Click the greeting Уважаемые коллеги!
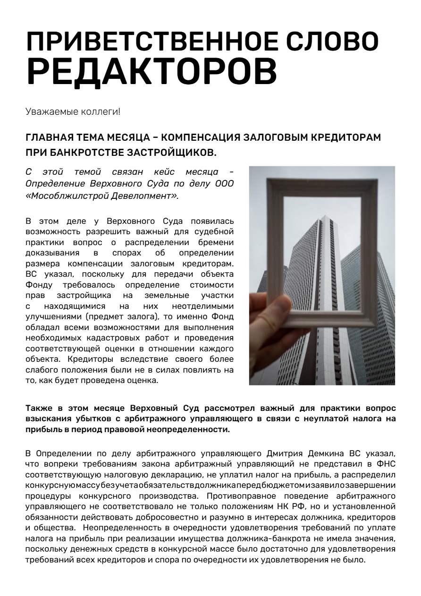click(x=73, y=112)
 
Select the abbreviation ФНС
click(x=387, y=463)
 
